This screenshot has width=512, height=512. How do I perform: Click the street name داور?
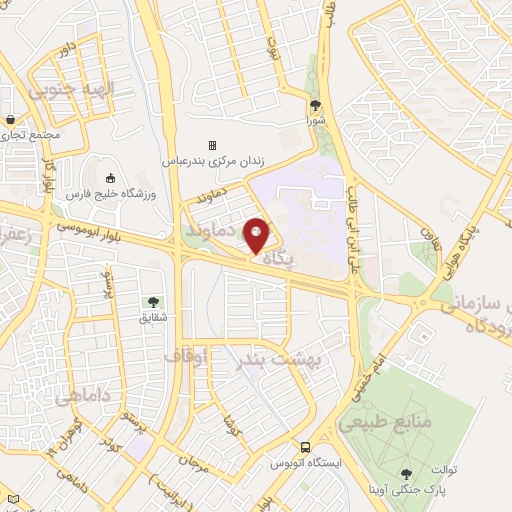pyautogui.click(x=68, y=48)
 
